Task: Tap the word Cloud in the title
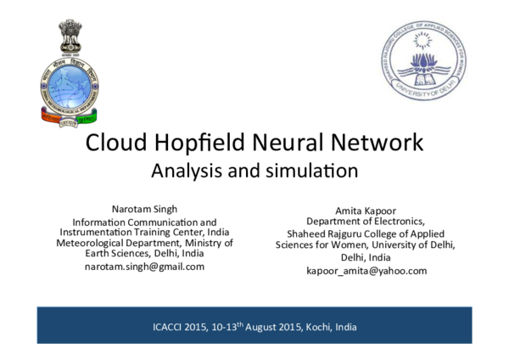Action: pos(118,142)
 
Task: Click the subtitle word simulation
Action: pos(311,170)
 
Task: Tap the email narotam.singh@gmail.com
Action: pos(144,266)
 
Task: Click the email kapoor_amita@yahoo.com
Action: pos(366,270)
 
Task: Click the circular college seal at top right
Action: pos(422,61)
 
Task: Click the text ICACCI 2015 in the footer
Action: pos(181,327)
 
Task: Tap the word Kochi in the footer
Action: pos(315,327)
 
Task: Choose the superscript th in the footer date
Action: pos(240,323)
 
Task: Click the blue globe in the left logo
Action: pos(70,86)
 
